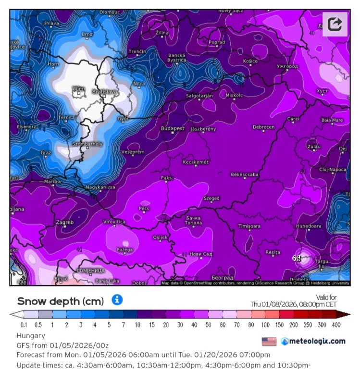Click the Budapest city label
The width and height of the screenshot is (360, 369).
[173, 129]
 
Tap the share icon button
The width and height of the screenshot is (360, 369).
[335, 24]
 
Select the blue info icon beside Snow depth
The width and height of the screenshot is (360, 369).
[117, 300]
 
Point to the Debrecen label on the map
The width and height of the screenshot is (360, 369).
[263, 127]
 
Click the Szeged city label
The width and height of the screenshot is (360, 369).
[211, 198]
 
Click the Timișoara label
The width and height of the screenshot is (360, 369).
[249, 226]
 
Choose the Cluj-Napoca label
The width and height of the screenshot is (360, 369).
[333, 170]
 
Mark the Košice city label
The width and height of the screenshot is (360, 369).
[250, 61]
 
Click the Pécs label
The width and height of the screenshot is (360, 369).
[144, 209]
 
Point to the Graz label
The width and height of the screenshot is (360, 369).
[46, 152]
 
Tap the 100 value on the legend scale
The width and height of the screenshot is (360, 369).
[265, 325]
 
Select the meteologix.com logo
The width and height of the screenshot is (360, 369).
[313, 341]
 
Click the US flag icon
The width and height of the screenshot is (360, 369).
[269, 341]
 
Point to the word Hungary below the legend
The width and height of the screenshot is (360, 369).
[31, 336]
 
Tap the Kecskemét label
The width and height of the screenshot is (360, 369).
[196, 162]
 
